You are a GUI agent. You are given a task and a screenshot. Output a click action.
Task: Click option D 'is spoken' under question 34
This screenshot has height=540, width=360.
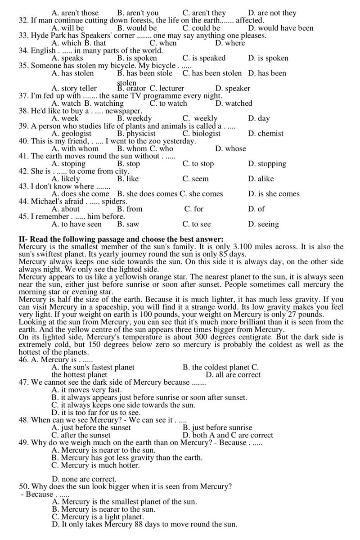(x=268, y=58)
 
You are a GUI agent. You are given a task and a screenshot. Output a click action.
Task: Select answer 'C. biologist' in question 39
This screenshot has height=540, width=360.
(x=201, y=134)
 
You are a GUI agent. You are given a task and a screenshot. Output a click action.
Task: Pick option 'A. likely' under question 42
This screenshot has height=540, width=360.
(x=66, y=179)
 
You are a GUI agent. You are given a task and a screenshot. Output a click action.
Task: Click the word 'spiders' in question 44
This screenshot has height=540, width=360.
(x=114, y=201)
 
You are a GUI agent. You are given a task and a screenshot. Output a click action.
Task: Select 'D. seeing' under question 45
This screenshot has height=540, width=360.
(x=263, y=224)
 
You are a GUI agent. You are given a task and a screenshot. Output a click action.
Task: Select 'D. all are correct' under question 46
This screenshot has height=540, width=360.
(x=233, y=375)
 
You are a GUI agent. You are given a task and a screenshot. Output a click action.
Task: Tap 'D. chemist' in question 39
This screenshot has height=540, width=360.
(x=265, y=134)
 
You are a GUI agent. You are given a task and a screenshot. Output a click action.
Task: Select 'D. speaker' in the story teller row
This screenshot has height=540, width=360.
(x=233, y=88)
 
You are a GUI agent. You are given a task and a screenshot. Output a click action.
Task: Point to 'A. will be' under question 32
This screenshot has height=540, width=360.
(x=67, y=28)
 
